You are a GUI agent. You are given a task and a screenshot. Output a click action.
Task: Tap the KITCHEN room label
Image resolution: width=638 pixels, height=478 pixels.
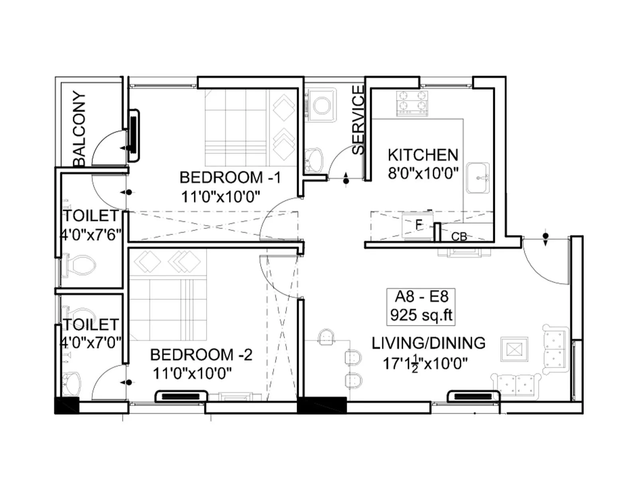click(423, 155)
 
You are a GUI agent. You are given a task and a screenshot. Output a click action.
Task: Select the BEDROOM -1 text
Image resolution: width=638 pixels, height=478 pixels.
click(230, 177)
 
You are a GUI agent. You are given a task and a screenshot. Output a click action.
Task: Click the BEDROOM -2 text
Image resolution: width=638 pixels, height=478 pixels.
click(201, 355)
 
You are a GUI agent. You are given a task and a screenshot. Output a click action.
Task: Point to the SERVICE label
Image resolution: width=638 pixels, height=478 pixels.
click(358, 119)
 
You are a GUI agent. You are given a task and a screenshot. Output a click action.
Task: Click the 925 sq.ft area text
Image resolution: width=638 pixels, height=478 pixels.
click(421, 315)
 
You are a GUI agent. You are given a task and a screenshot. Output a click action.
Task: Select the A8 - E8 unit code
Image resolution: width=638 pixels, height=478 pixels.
click(421, 296)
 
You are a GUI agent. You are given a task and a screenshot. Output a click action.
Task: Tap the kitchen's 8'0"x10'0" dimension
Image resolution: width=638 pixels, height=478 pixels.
click(423, 173)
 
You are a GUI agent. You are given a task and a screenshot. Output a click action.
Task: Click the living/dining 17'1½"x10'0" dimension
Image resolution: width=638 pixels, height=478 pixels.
click(425, 363)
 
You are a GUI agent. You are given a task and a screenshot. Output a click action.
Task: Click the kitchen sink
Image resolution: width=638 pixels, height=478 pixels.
click(478, 178)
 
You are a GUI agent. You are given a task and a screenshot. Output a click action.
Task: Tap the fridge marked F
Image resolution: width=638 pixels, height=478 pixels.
click(417, 226)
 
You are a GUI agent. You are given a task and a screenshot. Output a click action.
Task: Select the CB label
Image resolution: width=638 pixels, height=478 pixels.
click(459, 237)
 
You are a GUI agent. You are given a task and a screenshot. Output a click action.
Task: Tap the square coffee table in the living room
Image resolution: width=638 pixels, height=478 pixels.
click(514, 350)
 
